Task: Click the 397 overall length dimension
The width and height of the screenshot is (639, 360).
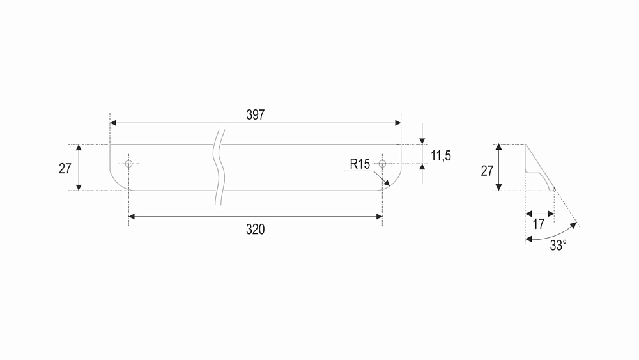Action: tap(256, 115)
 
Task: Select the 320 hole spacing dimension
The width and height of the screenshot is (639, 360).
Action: tap(256, 230)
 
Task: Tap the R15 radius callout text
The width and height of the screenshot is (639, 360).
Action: tap(360, 164)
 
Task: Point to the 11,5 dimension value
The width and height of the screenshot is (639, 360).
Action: tap(441, 156)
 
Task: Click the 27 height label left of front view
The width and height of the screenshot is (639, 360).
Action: tap(65, 168)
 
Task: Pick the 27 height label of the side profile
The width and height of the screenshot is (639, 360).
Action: tap(487, 171)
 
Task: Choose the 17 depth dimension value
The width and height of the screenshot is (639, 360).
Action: tap(539, 224)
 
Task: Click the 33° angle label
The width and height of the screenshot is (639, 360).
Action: tap(558, 246)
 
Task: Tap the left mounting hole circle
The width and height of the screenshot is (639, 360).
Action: tap(129, 164)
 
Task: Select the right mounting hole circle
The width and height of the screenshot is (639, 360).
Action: tap(382, 164)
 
